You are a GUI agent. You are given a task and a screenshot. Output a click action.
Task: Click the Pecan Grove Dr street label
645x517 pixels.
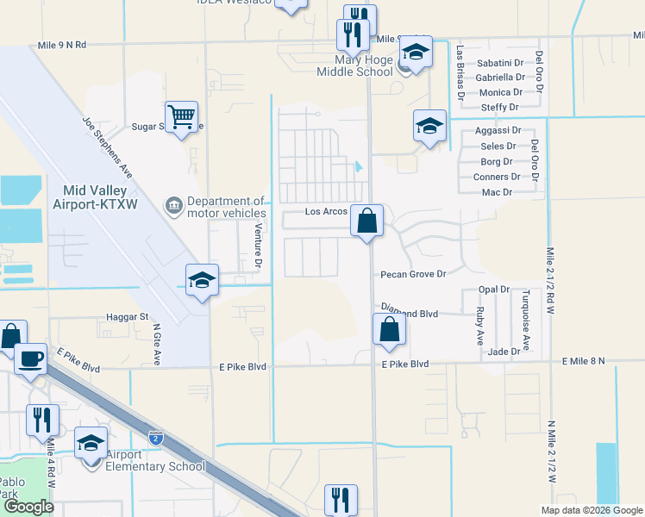tap(413, 274)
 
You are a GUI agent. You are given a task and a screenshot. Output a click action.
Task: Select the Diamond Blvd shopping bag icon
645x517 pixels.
tap(389, 328)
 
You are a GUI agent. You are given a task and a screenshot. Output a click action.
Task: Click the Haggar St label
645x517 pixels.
tap(127, 317)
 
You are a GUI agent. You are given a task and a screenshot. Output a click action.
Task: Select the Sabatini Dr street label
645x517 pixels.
tap(500, 63)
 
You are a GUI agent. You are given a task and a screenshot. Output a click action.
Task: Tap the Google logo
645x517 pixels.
tap(28, 507)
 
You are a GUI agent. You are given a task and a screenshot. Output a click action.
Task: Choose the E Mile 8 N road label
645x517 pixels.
tap(584, 361)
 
